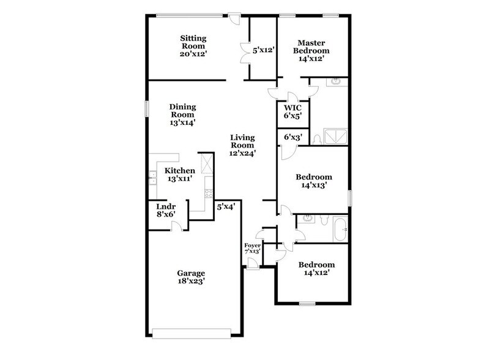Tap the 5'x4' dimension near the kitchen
[226, 207]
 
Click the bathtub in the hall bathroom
[340, 229]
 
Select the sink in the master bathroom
[336, 82]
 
